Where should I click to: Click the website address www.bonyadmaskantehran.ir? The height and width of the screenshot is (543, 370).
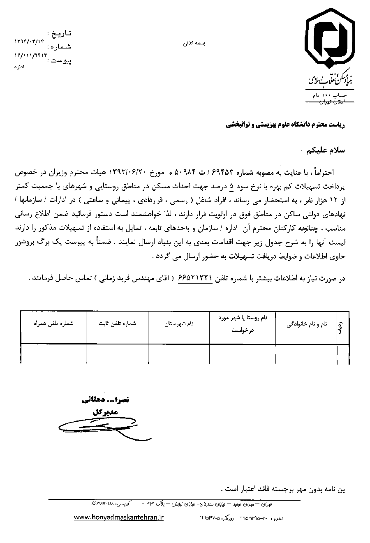coord(119,518)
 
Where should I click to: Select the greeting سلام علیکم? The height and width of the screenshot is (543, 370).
coord(326,150)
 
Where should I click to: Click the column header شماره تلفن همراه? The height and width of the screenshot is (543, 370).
coord(54,324)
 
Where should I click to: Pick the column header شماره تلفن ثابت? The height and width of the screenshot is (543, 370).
coord(117,324)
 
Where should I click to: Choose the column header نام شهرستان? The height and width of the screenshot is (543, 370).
coord(179,324)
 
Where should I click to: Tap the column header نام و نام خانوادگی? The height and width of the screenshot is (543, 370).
coord(307,324)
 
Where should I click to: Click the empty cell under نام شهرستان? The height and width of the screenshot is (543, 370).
coord(179,354)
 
